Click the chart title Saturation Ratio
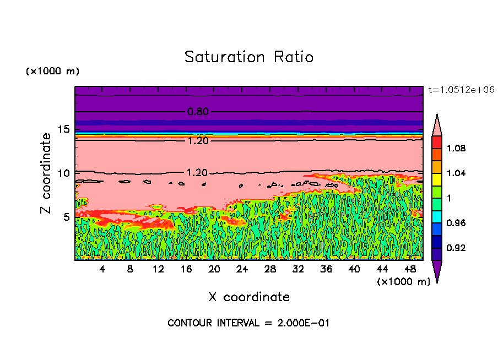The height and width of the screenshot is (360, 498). point(249,57)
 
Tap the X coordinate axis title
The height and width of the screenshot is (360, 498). point(249,297)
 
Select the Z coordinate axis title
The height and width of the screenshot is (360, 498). point(46,173)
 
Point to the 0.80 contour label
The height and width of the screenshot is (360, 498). point(198,112)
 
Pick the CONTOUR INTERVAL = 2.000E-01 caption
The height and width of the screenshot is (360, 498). point(248,323)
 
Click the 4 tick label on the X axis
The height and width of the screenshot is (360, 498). point(102,269)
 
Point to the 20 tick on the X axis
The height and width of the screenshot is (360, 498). point(214,269)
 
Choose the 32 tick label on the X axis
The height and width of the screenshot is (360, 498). point(298,269)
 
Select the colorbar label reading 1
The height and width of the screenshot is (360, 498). point(450,198)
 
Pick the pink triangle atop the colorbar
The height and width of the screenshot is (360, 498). point(436,125)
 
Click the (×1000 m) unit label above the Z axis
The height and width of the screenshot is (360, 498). point(52,72)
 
